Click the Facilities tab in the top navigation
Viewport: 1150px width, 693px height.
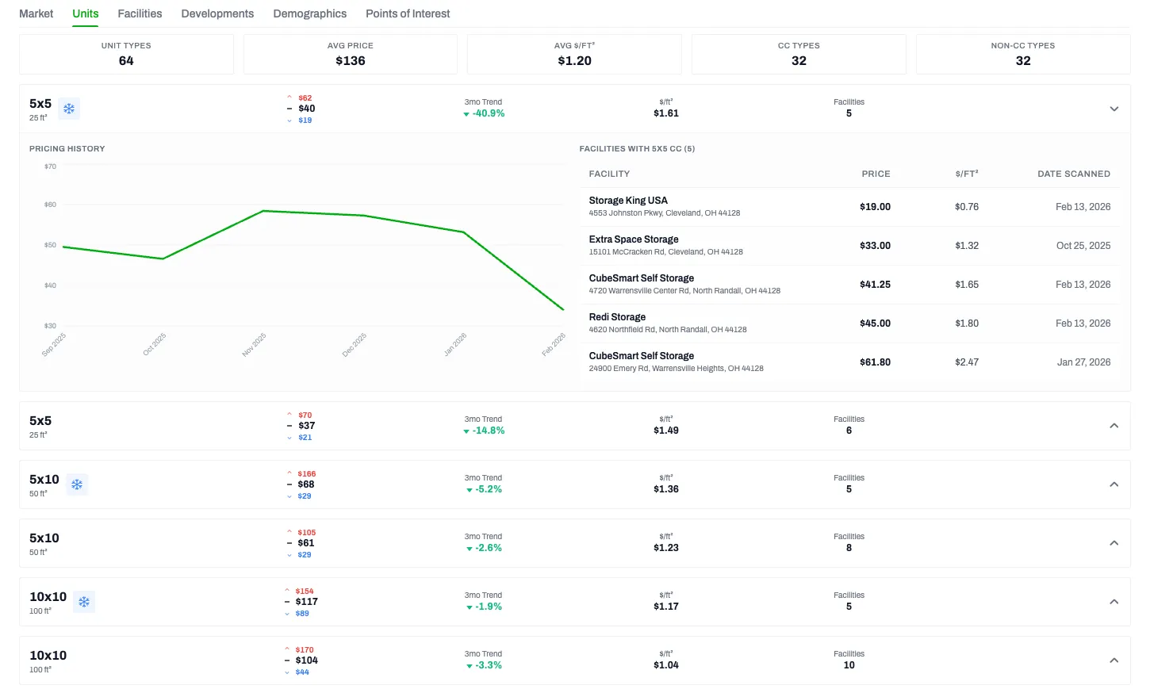(140, 13)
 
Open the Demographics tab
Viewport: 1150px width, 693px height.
(309, 13)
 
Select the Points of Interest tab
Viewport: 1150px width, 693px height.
(408, 13)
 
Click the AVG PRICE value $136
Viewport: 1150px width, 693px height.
(351, 61)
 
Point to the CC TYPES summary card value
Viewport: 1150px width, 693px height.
(799, 61)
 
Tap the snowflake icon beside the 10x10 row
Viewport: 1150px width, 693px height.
(84, 602)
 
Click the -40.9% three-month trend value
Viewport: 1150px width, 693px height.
(488, 113)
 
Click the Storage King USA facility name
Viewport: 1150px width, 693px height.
(628, 201)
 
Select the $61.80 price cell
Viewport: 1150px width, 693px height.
(875, 362)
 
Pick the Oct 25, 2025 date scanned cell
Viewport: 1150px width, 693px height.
(1083, 246)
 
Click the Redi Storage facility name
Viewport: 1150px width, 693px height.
(617, 317)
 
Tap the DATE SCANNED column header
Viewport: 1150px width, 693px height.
(1074, 174)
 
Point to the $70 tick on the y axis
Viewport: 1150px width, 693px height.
(50, 167)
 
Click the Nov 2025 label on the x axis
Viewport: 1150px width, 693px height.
(254, 345)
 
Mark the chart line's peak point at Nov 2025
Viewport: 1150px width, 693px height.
(263, 211)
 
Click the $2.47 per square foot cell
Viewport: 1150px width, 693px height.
(967, 362)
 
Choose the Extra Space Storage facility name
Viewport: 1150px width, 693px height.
(634, 239)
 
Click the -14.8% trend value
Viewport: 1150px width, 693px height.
(488, 431)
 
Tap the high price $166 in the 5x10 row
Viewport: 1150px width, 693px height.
(307, 474)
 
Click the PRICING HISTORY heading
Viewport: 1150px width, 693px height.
(67, 149)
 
